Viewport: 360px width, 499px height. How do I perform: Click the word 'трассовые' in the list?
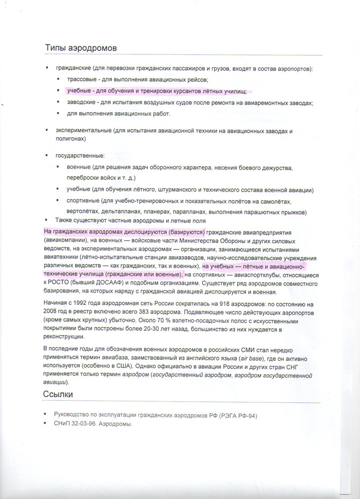[x=81, y=79]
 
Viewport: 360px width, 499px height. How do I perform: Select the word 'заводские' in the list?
[x=81, y=103]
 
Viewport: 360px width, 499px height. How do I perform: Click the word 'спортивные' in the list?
[x=82, y=201]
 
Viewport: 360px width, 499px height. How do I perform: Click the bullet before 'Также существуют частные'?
[x=45, y=220]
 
